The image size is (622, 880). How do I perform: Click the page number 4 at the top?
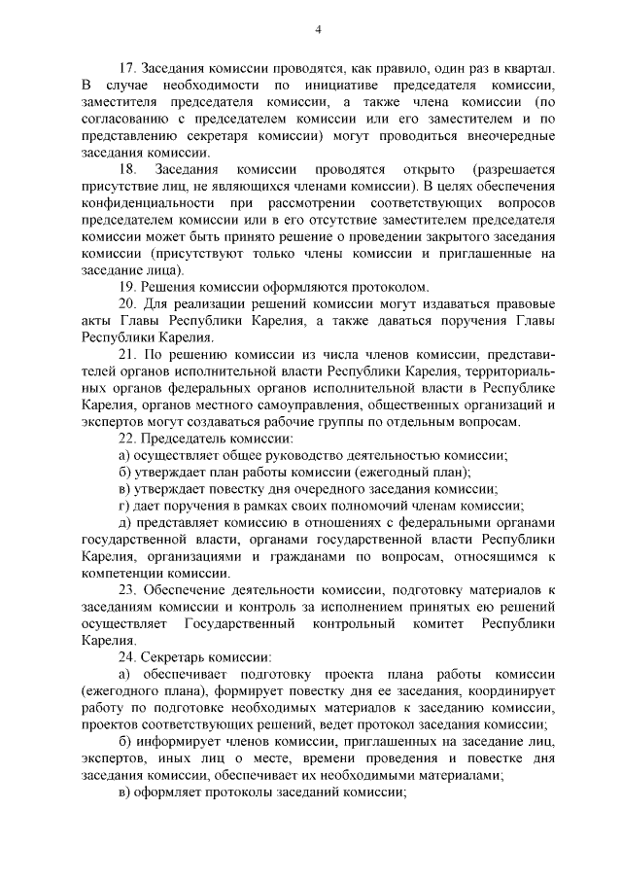pyautogui.click(x=318, y=29)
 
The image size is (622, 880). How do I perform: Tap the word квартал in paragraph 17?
pyautogui.click(x=526, y=69)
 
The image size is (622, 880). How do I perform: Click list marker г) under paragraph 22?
pyautogui.click(x=123, y=505)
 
